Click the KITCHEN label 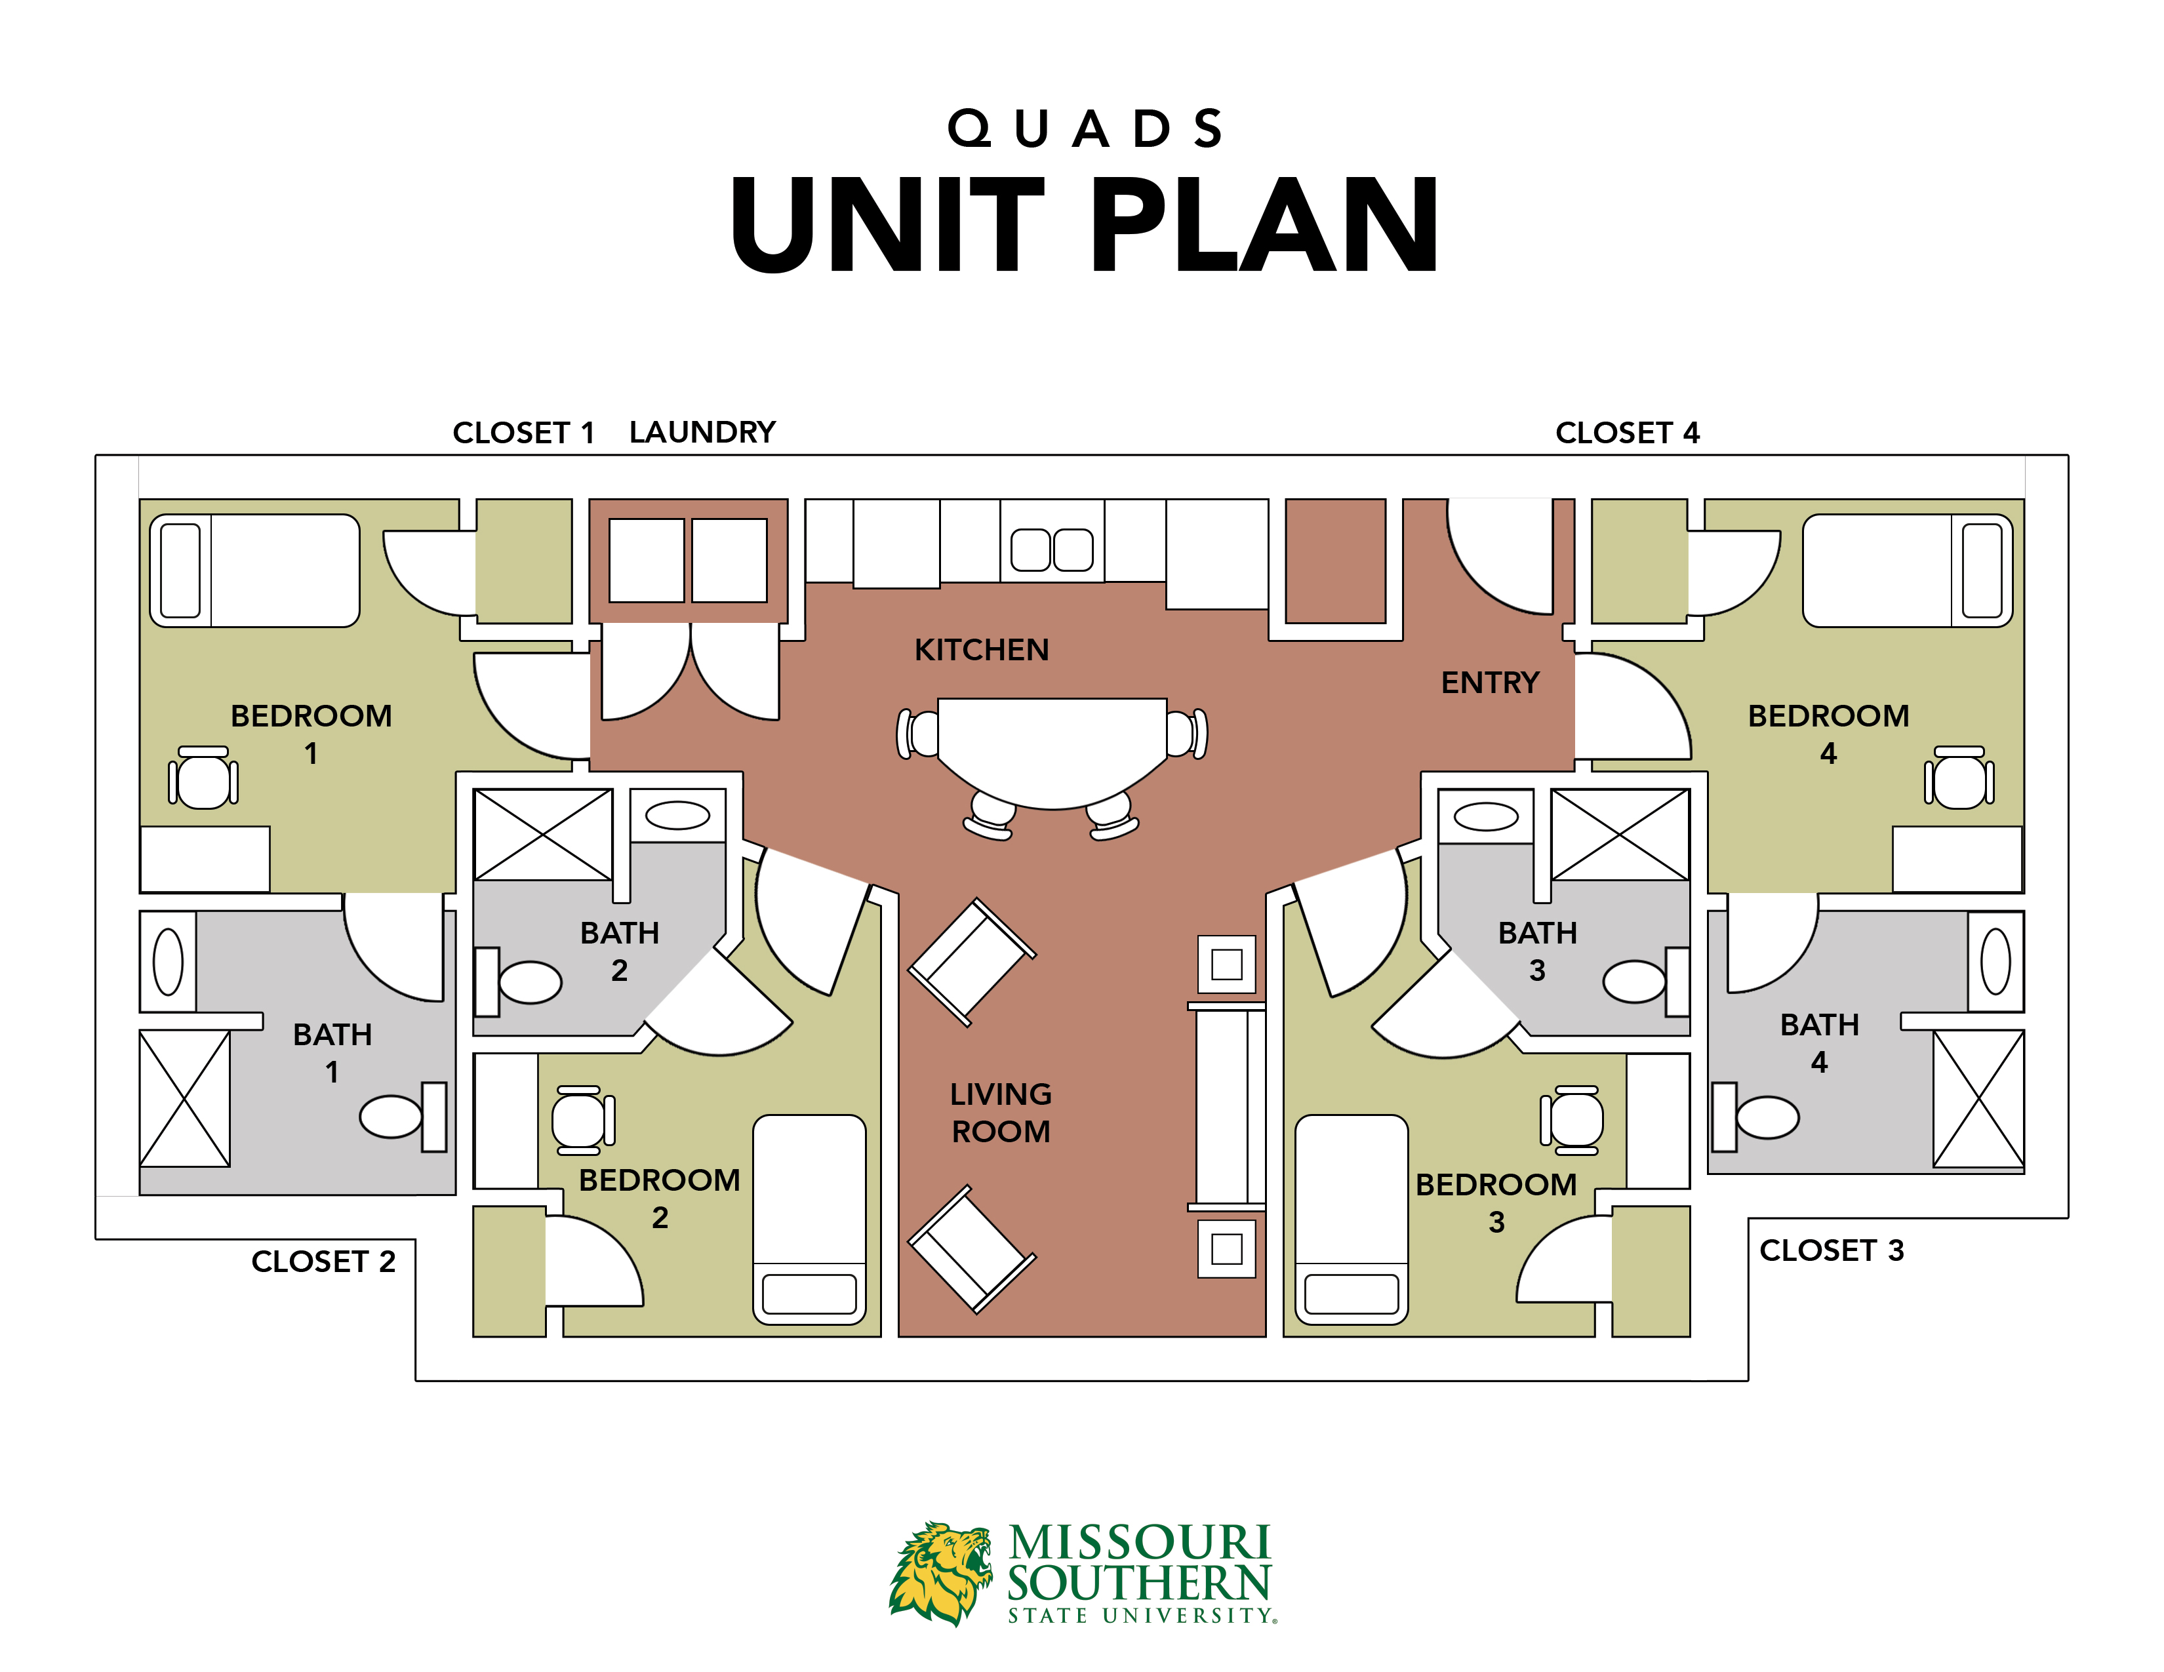pos(981,650)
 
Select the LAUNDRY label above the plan pos(702,432)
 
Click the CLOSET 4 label pos(1627,433)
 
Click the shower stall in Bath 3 pos(1619,834)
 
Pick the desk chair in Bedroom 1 pos(203,780)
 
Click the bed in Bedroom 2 pos(809,1218)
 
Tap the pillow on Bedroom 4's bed pos(1982,570)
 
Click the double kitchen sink pos(1051,549)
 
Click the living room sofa pos(1227,1105)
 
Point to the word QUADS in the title pos(1085,129)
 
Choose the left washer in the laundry pos(646,560)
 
